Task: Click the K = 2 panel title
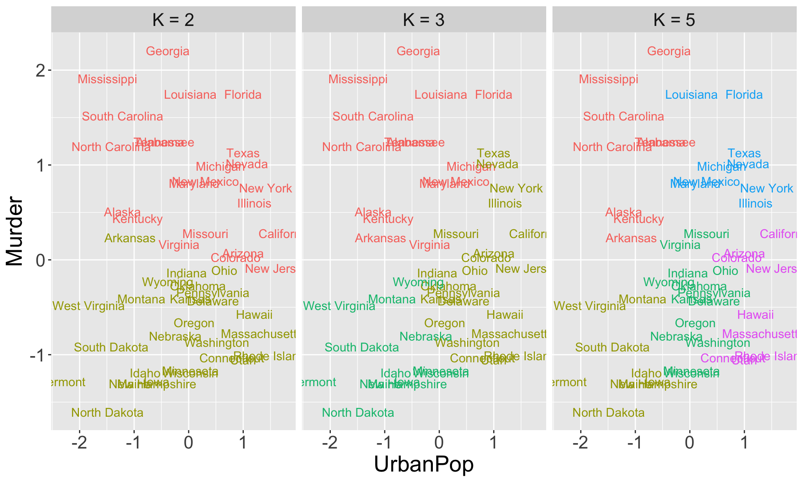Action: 173,20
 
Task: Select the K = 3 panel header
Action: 424,20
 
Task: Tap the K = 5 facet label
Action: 674,20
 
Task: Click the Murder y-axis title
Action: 15,231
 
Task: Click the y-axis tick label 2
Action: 41,71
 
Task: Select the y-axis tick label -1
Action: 38,355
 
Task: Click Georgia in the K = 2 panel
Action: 168,51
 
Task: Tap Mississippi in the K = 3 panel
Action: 358,79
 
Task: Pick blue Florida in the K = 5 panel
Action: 744,95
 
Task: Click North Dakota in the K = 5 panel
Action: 609,413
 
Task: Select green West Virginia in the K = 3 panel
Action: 339,306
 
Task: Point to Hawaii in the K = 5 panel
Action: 755,315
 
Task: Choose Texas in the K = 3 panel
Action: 494,154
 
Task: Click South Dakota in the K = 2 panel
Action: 111,348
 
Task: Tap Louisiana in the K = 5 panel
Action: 691,95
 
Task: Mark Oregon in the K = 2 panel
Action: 194,323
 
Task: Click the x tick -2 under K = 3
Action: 330,443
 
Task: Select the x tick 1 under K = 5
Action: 744,443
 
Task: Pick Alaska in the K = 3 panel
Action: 373,213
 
